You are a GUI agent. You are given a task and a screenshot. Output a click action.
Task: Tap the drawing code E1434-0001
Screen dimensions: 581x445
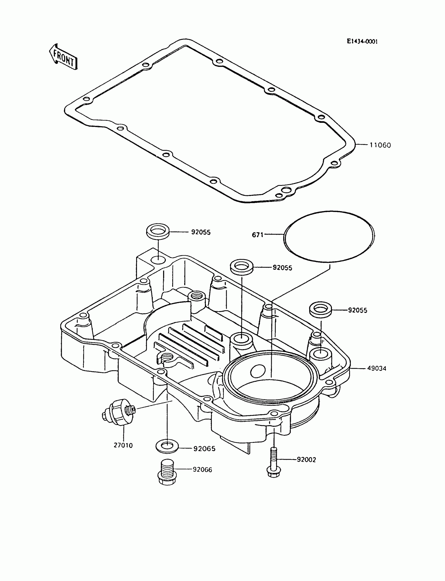pos(362,42)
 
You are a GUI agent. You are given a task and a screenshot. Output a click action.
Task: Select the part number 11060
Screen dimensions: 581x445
pos(380,145)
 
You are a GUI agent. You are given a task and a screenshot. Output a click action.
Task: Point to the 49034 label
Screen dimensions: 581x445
pos(376,368)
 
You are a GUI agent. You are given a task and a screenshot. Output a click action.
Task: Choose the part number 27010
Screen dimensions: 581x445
pos(123,445)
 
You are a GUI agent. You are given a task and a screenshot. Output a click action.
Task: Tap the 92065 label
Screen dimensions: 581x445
pos(204,449)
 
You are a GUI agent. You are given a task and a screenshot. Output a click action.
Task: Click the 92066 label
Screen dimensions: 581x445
pos(202,470)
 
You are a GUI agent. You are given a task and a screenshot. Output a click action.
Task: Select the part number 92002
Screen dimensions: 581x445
pos(306,460)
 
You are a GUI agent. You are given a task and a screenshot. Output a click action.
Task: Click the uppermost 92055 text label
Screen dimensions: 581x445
pos(201,232)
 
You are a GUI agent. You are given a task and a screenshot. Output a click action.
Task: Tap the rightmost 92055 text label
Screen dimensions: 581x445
pos(358,310)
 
